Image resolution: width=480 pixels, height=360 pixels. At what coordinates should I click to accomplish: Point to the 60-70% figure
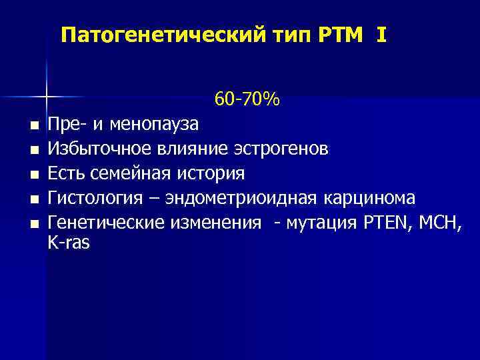(x=247, y=100)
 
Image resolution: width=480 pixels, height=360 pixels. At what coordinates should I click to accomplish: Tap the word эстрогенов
(x=283, y=149)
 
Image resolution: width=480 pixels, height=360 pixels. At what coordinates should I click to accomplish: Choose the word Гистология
(x=93, y=198)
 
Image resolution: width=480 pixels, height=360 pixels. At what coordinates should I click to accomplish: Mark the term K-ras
(x=69, y=243)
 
